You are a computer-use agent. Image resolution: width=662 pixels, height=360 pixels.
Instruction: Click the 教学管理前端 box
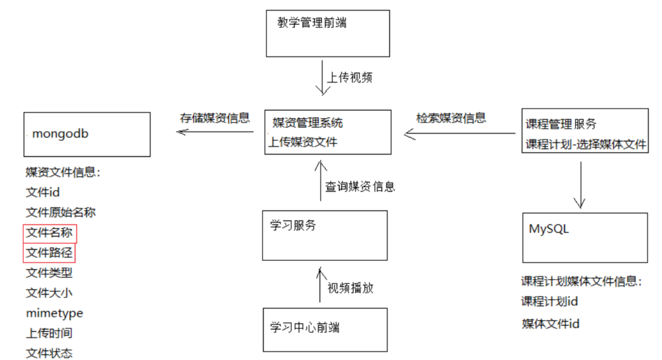(x=327, y=33)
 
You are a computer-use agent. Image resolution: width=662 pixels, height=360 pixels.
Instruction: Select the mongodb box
(x=87, y=134)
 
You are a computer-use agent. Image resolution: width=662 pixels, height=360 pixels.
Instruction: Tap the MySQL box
(x=584, y=238)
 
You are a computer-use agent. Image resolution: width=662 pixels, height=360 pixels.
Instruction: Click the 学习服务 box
(x=324, y=235)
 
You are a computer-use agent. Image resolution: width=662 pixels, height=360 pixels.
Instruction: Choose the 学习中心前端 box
(x=325, y=329)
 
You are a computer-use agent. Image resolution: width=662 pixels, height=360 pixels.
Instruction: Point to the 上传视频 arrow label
(x=349, y=77)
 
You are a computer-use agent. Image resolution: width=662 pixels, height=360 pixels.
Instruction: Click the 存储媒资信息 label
(x=215, y=118)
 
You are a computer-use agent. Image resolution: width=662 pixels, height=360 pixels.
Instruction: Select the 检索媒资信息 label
(x=451, y=118)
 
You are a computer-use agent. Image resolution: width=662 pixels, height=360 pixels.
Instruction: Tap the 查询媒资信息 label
(x=360, y=186)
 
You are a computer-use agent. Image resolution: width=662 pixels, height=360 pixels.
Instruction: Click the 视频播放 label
(x=350, y=288)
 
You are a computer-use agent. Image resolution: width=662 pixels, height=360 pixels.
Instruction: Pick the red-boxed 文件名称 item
(x=49, y=233)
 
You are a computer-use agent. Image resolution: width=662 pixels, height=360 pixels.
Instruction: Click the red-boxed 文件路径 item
(x=49, y=253)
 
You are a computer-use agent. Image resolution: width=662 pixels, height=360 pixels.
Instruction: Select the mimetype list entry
(x=55, y=313)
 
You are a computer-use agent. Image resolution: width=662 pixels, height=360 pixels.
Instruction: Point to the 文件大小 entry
(x=49, y=293)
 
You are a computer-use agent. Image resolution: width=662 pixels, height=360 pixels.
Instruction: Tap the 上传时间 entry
(x=49, y=333)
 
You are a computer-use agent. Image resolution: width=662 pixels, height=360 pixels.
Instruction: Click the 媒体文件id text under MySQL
(x=550, y=324)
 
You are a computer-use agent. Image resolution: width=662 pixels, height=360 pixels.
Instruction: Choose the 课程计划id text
(x=549, y=302)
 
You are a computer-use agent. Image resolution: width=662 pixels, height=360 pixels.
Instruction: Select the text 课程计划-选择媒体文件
(x=585, y=144)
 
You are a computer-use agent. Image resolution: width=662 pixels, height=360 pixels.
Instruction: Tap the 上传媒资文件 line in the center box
(x=303, y=142)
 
